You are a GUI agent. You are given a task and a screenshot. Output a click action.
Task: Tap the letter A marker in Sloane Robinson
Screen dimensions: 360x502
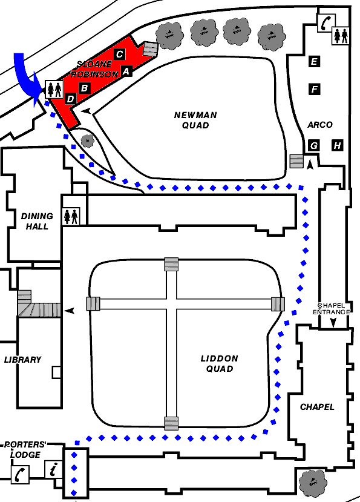pos(126,71)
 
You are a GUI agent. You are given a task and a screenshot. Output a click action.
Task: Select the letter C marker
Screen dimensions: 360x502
pos(119,54)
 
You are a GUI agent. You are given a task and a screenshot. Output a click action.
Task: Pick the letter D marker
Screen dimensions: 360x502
pos(70,99)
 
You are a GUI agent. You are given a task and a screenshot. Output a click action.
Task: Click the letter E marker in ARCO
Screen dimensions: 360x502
pos(314,61)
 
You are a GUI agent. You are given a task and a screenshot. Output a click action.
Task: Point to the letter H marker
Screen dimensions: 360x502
pos(337,145)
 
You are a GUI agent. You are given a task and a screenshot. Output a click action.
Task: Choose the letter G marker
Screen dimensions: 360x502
pos(314,145)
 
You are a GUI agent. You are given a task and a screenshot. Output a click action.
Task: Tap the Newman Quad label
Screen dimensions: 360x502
pos(195,120)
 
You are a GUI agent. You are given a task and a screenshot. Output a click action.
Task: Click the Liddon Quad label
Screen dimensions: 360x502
pos(220,363)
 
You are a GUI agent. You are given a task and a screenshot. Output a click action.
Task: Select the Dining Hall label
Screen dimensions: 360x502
pos(37,221)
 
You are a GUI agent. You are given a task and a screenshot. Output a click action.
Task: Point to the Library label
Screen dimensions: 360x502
pos(23,360)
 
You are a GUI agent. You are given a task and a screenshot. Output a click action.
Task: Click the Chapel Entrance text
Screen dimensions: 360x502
pos(331,309)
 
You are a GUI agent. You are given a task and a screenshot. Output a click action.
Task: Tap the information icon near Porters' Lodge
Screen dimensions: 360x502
pos(53,469)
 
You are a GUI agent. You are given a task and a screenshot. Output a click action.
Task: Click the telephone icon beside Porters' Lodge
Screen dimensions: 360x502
pos(21,474)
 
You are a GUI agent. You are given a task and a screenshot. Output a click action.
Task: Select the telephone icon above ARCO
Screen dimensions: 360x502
pos(326,23)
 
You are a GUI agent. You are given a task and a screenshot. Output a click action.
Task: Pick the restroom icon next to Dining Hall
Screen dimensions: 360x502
pos(71,216)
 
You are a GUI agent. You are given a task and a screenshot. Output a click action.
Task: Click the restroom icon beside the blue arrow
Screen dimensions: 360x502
pos(54,90)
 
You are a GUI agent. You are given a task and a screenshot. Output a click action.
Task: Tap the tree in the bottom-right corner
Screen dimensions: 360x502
pos(313,483)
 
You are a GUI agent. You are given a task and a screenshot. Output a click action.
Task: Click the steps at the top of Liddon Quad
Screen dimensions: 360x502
pos(171,264)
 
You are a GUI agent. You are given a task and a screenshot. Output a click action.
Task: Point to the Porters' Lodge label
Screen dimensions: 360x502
pos(25,449)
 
